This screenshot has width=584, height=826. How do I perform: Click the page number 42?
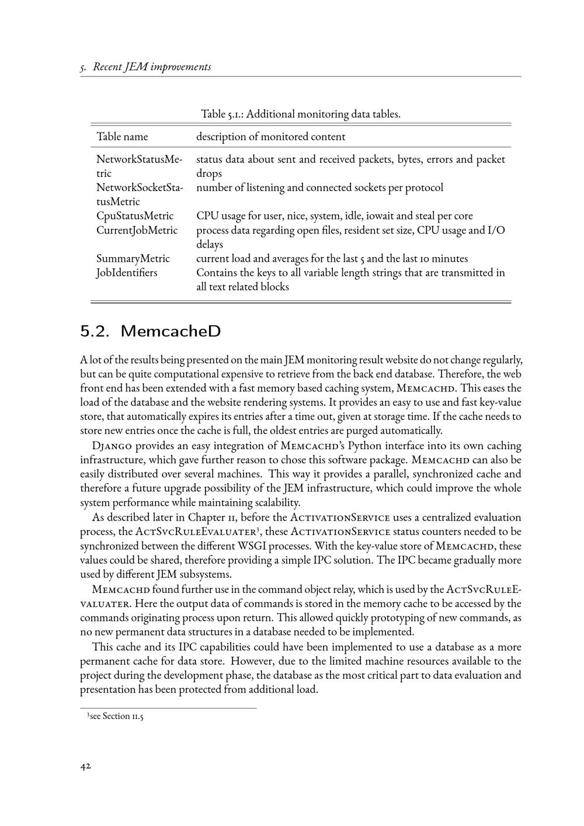tap(85, 766)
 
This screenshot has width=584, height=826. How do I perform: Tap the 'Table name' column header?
tap(122, 137)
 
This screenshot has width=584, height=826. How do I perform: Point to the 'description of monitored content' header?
tap(270, 137)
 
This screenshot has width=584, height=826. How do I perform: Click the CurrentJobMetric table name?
tap(137, 230)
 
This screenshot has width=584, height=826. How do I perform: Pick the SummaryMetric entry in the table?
tap(133, 258)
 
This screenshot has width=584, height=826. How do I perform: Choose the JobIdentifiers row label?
tap(127, 273)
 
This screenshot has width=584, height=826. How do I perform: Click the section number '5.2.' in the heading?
tap(95, 331)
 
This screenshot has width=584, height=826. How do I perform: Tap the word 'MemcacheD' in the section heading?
tap(171, 331)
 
